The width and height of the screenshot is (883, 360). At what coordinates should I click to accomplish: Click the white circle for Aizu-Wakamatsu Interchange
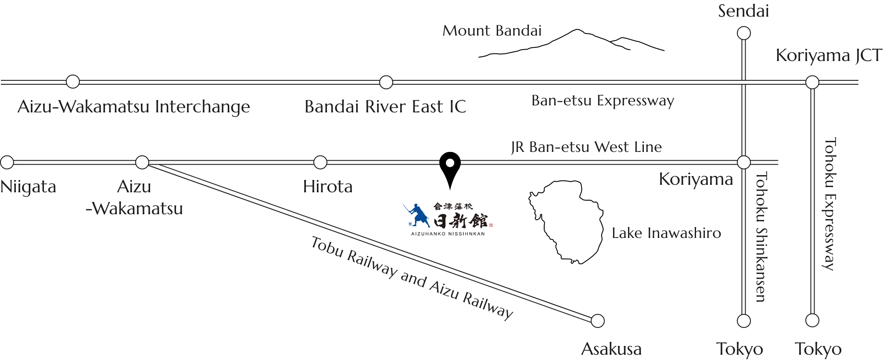coord(73,82)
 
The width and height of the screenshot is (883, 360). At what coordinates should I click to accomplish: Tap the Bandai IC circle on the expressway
coord(386,82)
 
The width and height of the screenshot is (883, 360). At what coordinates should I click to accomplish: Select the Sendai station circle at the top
coord(743,33)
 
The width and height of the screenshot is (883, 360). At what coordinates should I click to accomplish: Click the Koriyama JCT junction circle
coord(812,82)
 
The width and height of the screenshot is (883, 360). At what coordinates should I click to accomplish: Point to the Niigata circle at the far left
coord(7,162)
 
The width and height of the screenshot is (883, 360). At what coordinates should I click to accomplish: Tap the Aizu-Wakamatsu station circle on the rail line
coord(142,162)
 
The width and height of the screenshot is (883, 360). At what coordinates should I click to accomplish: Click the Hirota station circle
coord(320,162)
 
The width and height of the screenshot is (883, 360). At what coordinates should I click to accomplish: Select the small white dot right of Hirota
coord(449,163)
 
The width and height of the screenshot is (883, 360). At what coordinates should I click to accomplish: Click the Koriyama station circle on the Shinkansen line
coord(743,162)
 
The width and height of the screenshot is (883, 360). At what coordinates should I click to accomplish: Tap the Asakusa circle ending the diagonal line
coord(597,321)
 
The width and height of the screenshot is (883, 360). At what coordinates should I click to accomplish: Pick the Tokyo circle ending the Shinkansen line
coord(743,321)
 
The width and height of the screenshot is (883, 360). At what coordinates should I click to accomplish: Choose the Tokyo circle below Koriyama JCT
coord(812,320)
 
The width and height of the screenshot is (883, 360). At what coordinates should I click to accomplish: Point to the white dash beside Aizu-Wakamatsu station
coord(157,162)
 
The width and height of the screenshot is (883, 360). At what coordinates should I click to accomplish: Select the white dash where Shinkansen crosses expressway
coord(743,82)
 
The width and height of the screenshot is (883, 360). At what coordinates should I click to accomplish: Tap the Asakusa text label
coord(612,349)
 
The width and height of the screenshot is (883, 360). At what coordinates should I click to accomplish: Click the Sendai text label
coord(743,11)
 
